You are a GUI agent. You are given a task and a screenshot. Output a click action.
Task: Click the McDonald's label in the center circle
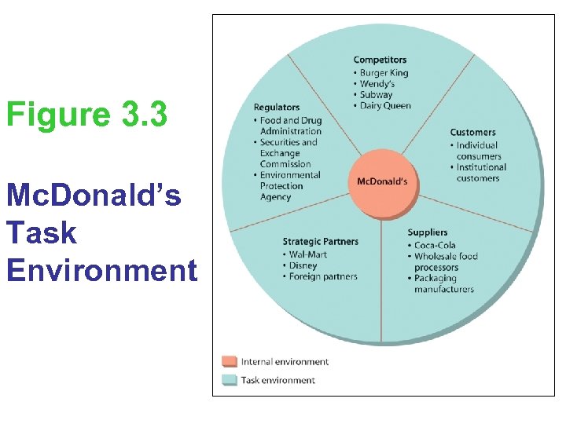382,181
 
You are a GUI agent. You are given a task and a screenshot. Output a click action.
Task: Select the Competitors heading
380,60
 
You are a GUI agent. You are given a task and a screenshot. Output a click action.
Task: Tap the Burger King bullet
384,73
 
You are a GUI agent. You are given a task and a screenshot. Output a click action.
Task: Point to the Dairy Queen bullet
384,106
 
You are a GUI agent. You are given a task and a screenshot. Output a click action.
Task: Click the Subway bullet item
376,95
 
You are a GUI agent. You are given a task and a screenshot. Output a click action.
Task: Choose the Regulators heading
276,108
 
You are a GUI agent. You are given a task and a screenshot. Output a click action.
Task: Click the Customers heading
472,132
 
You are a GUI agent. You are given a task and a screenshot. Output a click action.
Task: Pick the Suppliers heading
428,232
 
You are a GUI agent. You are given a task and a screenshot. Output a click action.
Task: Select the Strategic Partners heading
320,241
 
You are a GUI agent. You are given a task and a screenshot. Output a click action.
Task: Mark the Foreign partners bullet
323,276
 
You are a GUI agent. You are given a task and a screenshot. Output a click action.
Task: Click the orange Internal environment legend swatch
229,361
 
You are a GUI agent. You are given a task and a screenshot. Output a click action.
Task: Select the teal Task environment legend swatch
229,380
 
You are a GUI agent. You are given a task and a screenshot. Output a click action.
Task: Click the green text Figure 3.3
86,115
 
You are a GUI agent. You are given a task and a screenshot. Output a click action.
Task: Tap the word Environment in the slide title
101,270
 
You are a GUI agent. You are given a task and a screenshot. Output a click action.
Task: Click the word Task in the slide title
41,232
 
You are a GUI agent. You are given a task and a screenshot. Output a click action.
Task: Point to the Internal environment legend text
285,362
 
